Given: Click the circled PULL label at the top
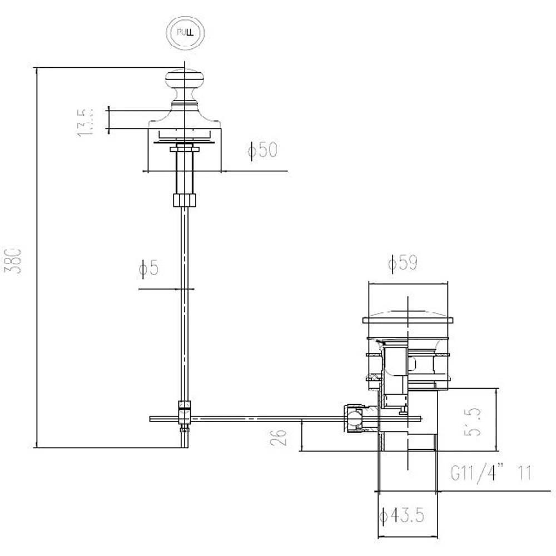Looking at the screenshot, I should point(185,32).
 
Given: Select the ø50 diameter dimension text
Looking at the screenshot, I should point(263,150).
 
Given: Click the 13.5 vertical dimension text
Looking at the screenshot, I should point(85,121).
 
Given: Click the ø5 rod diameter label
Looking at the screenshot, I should point(149,269).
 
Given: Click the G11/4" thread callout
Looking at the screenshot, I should point(476,474).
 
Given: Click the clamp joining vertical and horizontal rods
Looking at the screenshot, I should point(184,414).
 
